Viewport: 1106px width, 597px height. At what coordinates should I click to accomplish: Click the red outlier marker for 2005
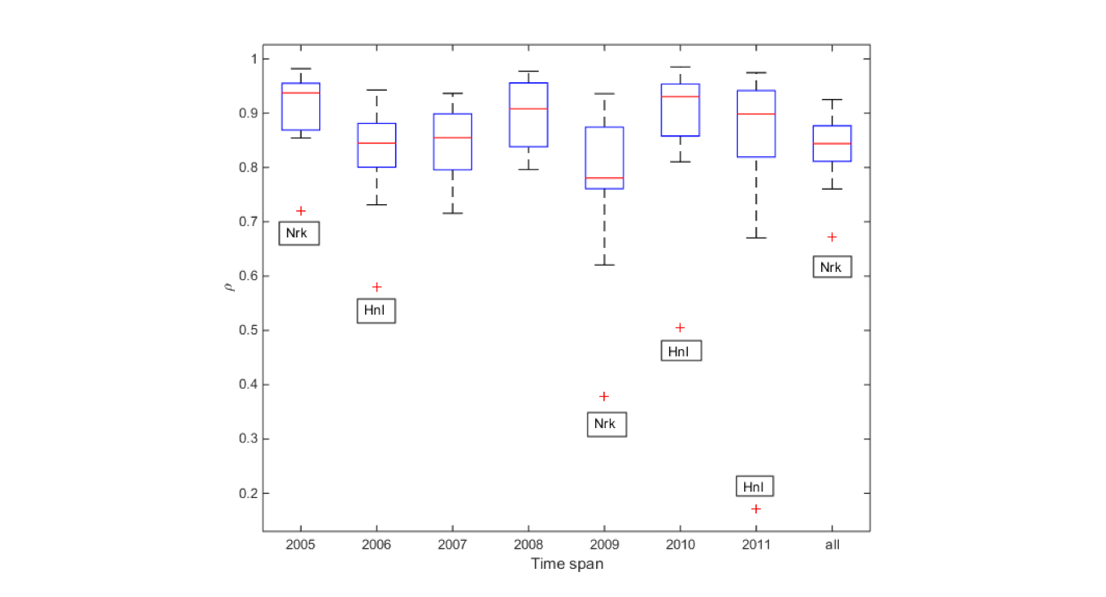(x=300, y=211)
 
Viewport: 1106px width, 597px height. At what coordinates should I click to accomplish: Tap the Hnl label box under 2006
(x=376, y=311)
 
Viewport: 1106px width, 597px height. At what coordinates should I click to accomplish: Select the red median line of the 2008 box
(x=528, y=109)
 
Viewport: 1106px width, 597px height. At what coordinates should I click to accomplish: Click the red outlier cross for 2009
(x=604, y=397)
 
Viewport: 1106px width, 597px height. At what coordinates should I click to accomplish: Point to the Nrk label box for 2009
(x=606, y=424)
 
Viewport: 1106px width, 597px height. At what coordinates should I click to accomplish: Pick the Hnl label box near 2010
(x=680, y=351)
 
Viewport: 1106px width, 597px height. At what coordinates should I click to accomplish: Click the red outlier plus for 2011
(x=756, y=508)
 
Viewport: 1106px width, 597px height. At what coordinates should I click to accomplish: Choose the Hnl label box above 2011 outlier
(x=755, y=486)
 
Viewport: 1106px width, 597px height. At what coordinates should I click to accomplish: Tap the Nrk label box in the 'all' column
(x=832, y=266)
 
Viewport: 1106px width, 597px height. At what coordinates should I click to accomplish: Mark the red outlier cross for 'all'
(x=832, y=237)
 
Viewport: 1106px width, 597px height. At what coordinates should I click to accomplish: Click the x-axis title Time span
(x=567, y=564)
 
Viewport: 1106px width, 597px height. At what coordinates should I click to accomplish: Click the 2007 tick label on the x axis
(x=452, y=545)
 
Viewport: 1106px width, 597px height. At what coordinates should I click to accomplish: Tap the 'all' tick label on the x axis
(x=832, y=545)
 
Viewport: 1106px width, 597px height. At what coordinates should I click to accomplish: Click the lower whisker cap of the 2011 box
(x=756, y=238)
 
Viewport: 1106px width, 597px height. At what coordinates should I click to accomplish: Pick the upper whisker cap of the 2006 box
(x=376, y=90)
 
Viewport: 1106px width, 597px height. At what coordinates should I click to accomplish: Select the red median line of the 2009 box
(x=604, y=178)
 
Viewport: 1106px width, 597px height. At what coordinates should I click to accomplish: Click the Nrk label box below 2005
(x=299, y=233)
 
